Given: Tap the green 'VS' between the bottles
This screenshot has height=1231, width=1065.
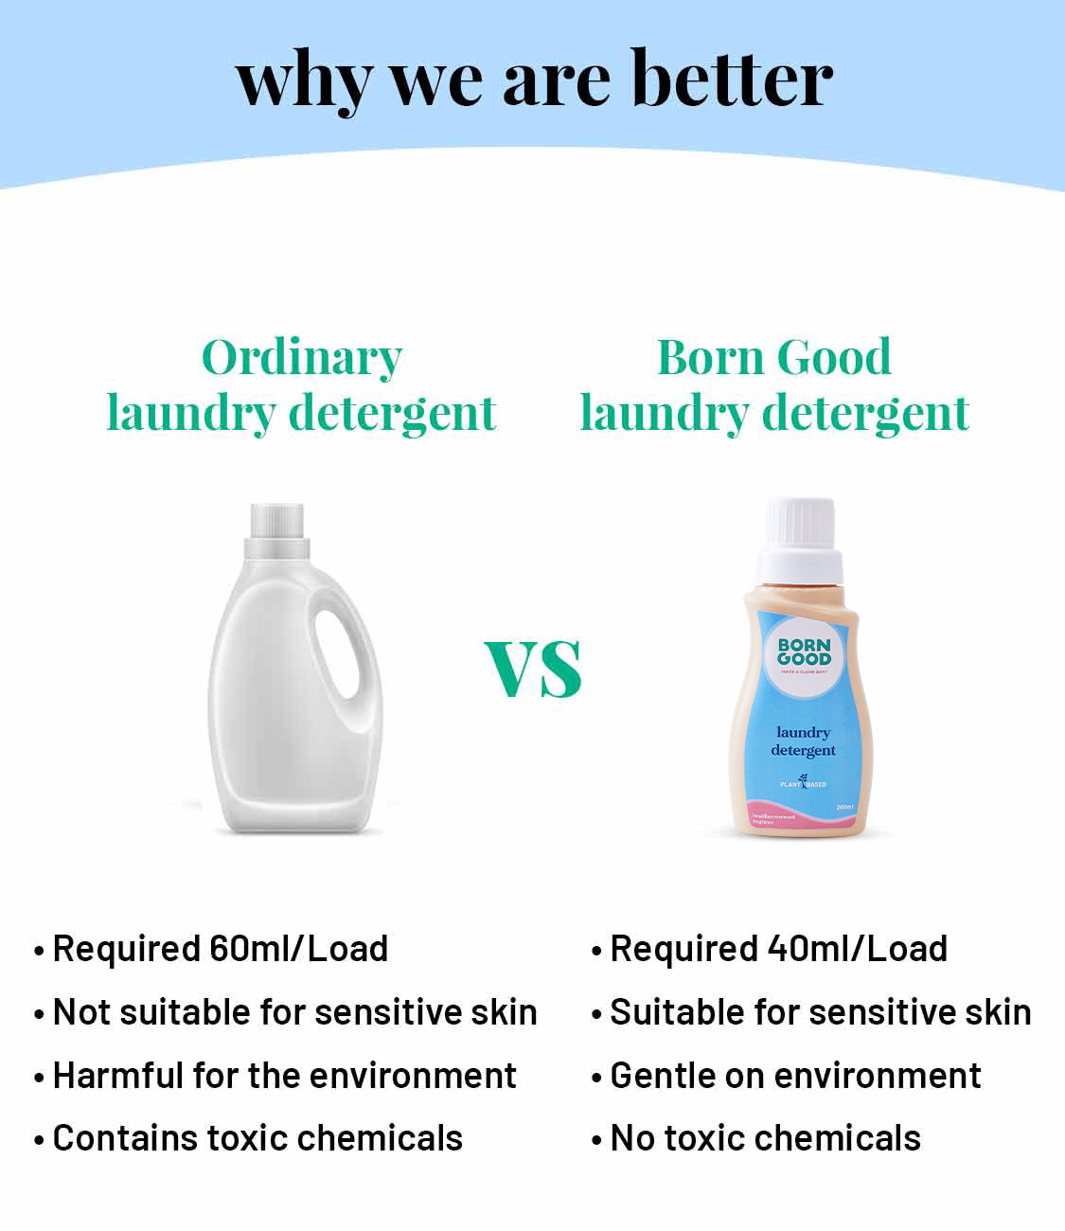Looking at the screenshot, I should (x=533, y=669).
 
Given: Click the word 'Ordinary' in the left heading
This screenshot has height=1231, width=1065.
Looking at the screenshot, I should (x=302, y=357).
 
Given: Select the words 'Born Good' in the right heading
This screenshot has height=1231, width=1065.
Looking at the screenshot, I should (x=774, y=357).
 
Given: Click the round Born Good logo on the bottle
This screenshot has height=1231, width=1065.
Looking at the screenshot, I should (x=804, y=654).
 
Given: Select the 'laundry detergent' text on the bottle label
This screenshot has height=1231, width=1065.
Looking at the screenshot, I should (x=803, y=741).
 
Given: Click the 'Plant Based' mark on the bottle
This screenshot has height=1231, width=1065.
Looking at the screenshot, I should (x=803, y=783).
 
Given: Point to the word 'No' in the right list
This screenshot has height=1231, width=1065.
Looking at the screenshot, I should (x=632, y=1138).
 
